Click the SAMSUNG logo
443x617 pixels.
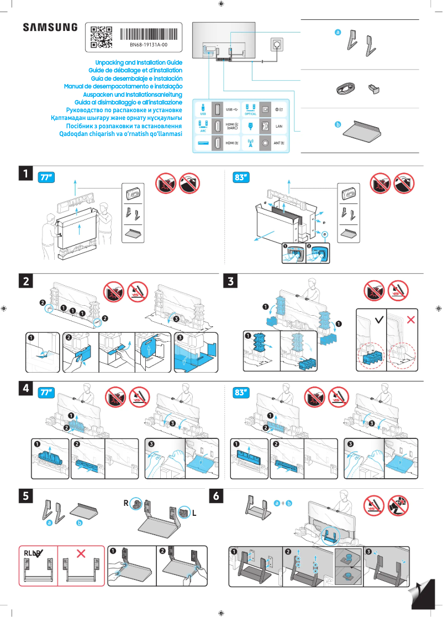pos(50,28)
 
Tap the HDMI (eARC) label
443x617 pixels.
pos(232,127)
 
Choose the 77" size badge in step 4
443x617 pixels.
pos(46,393)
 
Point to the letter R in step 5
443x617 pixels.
pos(126,503)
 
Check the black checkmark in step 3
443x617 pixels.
pos(378,320)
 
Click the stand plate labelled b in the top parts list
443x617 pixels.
pos(362,131)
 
